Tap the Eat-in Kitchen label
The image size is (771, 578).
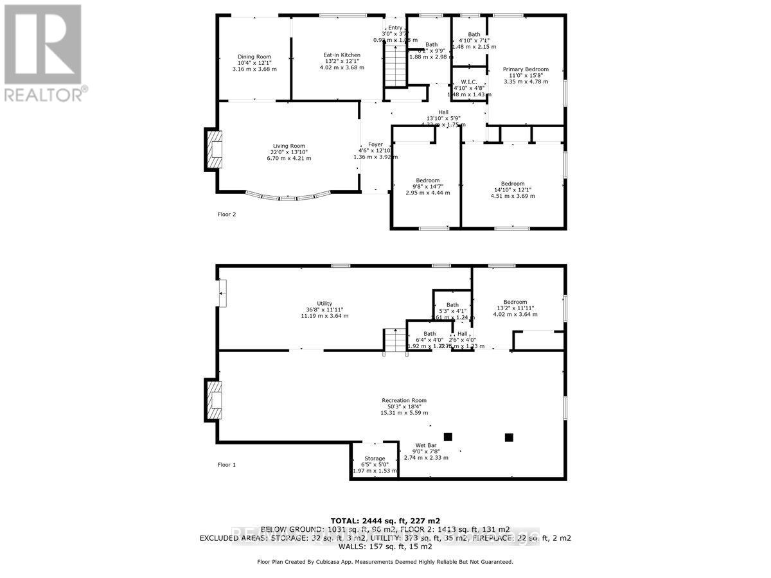(x=342, y=55)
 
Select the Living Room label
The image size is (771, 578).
(x=288, y=146)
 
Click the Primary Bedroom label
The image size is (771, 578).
(x=526, y=69)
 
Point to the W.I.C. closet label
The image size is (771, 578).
(x=469, y=81)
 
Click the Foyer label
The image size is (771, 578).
(x=375, y=144)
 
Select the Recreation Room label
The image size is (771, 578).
(x=403, y=400)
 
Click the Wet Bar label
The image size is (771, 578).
(x=426, y=445)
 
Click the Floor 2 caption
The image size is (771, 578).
(x=227, y=215)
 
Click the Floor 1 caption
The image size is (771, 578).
(x=227, y=464)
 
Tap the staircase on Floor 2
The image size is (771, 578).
(x=396, y=67)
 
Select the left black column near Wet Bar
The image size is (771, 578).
(x=448, y=437)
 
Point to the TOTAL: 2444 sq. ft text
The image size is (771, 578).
(x=385, y=520)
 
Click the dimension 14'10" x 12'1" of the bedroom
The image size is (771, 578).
(x=513, y=189)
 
